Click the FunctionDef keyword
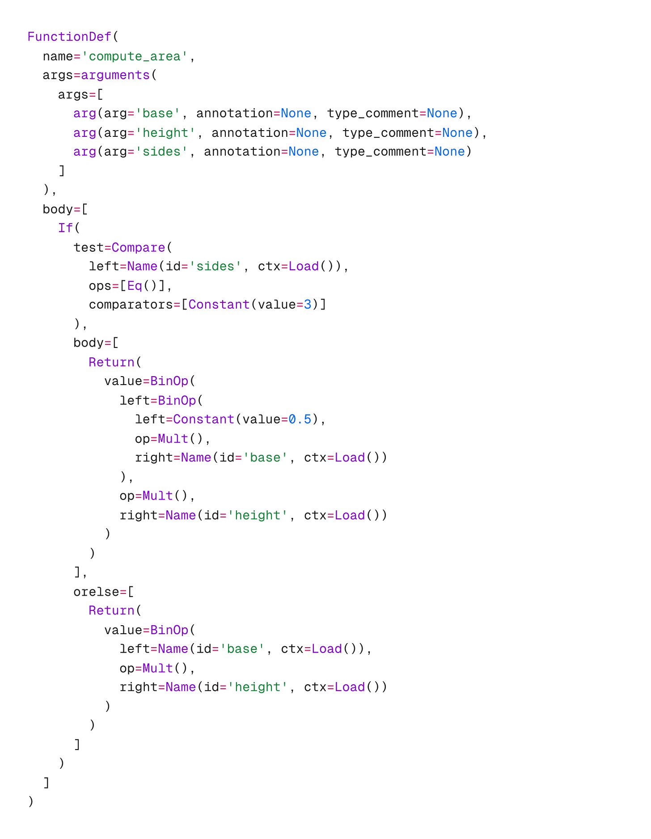pos(68,37)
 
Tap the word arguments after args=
pos(115,75)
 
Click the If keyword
pos(65,228)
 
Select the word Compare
pos(139,247)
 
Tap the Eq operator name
pos(135,285)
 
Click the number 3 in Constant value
pos(308,305)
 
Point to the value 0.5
pos(300,419)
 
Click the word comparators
pos(131,305)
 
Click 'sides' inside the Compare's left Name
pos(215,267)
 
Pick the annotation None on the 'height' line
pos(312,133)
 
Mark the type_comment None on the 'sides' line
pos(450,152)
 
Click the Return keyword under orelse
pos(112,610)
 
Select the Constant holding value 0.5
pos(203,419)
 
